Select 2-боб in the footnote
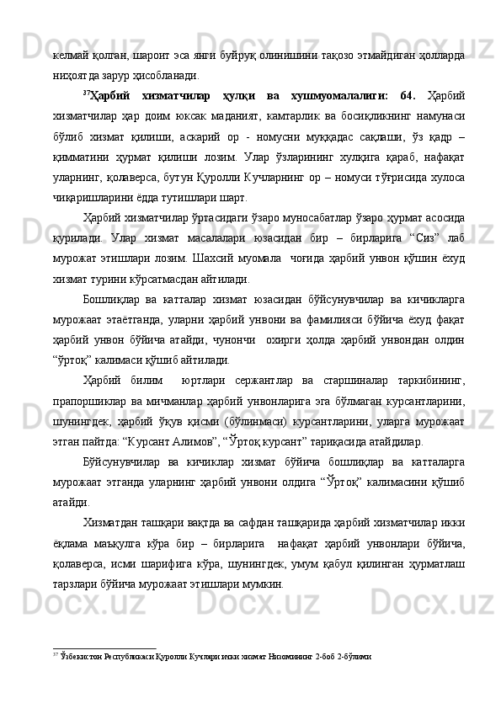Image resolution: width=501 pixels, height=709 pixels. tap(327, 653)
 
